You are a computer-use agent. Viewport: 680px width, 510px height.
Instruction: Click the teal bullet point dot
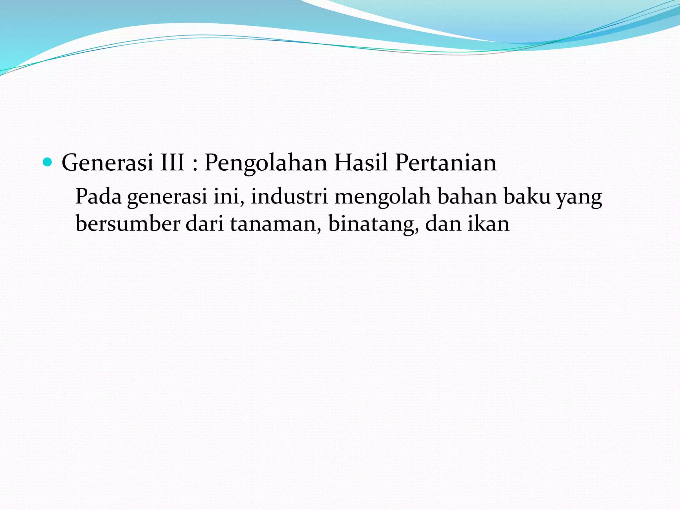[48, 162]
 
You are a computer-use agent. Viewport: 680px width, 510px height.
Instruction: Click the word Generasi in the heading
[107, 163]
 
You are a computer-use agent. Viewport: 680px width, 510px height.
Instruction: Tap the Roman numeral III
[172, 163]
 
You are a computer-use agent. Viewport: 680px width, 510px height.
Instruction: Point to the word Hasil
[361, 163]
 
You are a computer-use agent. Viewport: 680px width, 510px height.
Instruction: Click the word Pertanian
[446, 163]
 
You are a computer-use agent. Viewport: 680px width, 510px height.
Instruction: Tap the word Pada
[98, 196]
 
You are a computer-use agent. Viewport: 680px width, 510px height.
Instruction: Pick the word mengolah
[382, 197]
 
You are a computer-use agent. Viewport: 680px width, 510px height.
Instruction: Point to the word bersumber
[128, 223]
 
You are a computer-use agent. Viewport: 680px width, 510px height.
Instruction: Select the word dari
[205, 223]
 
